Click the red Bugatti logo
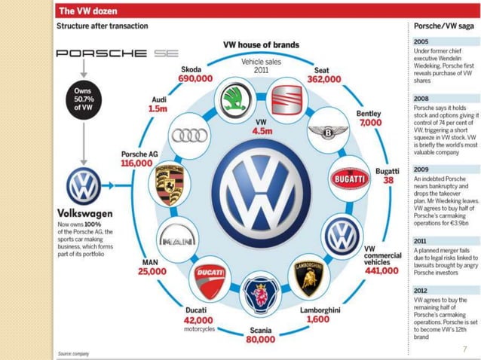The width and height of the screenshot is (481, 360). click(348, 179)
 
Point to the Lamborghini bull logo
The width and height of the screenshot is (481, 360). click(308, 276)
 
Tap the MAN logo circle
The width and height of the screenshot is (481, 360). click(177, 240)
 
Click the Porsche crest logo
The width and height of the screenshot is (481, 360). click(171, 182)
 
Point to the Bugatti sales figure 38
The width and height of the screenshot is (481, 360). click(387, 181)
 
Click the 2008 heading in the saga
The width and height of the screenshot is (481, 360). click(421, 99)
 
